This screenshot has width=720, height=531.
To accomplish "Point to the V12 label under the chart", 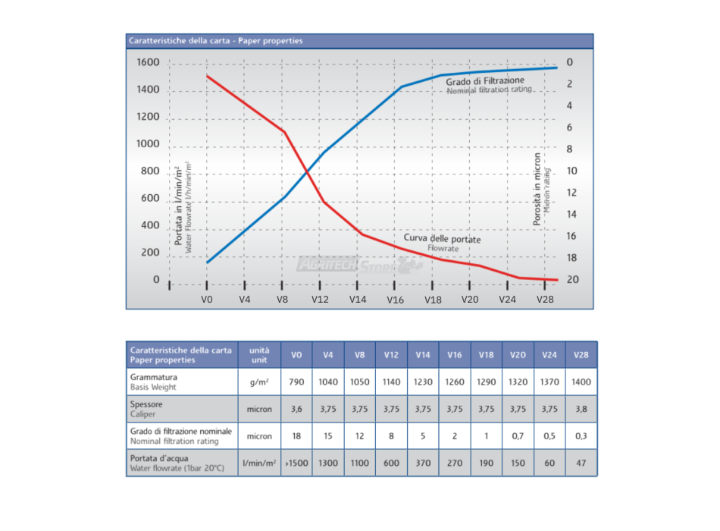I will (x=320, y=300).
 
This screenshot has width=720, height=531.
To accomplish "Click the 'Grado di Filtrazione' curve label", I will (x=485, y=80).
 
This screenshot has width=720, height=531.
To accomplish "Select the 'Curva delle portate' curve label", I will (x=442, y=239).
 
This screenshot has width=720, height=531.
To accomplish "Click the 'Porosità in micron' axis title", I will (x=537, y=189).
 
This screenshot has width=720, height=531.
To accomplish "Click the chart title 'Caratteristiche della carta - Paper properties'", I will (x=215, y=41).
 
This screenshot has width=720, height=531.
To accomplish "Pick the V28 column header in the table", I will (x=581, y=354).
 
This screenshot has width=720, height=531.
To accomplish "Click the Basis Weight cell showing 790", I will (x=296, y=382).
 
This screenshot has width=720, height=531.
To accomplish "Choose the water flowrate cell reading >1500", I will (x=296, y=463).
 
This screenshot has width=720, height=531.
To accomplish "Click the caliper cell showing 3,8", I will (x=581, y=409).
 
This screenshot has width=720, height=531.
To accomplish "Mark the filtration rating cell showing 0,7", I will (x=518, y=436).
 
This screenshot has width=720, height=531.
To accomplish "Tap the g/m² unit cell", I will (x=259, y=382).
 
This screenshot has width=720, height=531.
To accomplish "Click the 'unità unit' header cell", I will (x=259, y=354).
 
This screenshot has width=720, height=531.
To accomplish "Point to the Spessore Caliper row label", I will (x=148, y=409).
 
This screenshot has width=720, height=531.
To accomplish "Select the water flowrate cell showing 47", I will (x=581, y=463).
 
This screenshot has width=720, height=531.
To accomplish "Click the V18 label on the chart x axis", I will (x=433, y=300).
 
